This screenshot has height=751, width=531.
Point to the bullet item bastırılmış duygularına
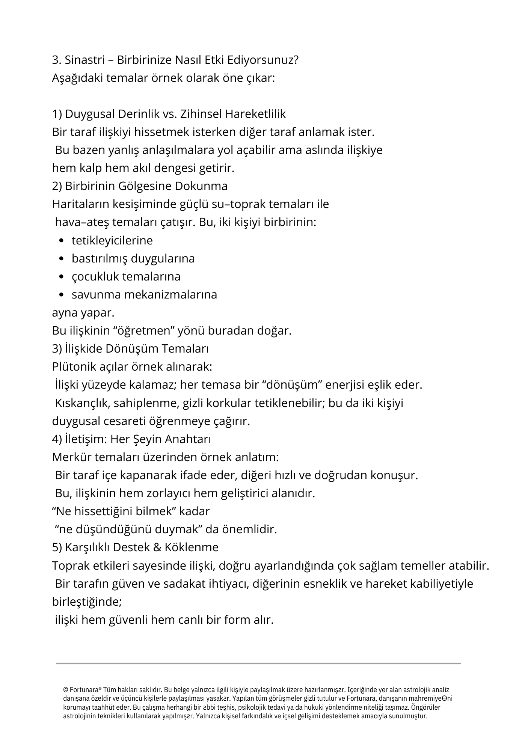pos(133,259)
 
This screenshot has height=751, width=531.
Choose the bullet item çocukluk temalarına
pos(126,277)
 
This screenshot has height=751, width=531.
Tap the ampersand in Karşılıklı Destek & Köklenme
pos(157,547)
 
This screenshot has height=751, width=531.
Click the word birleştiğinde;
pos(87,602)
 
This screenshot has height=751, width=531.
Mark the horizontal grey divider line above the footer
pos(258,664)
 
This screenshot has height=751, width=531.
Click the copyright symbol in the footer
pos(66,690)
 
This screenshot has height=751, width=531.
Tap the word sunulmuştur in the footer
pos(407,716)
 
